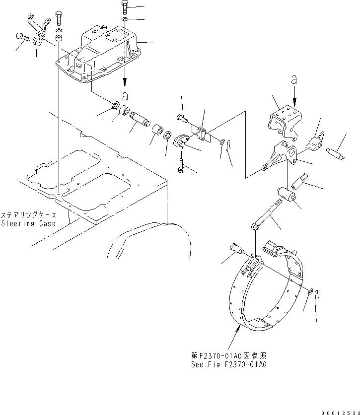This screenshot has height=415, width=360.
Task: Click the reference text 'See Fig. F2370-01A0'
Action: point(229,364)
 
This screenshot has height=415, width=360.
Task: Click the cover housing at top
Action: point(99,55)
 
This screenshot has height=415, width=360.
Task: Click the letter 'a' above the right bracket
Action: point(294,78)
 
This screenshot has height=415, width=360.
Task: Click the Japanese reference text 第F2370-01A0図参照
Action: point(229,356)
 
